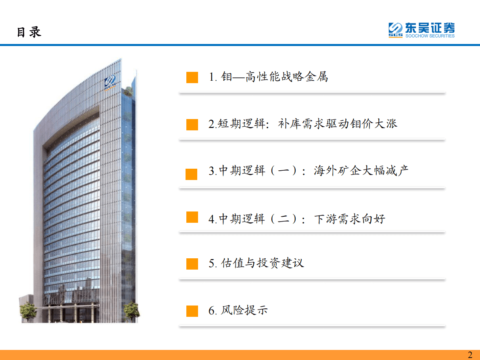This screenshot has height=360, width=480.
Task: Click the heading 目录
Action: coord(29,32)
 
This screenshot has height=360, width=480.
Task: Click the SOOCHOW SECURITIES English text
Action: coord(430,36)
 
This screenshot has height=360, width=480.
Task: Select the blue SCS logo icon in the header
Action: coord(396,30)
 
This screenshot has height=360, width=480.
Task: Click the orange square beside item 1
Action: coord(192,77)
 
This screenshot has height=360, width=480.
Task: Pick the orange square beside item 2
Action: coord(192,124)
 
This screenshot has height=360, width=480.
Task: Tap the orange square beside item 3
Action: coord(191,174)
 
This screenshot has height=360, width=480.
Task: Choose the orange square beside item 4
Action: coord(192,217)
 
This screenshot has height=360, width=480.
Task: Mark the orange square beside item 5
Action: coord(192,264)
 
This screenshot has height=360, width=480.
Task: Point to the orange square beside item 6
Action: coord(192,311)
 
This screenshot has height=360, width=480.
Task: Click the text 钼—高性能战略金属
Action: coord(274,76)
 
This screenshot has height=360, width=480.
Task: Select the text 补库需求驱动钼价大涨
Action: coord(338,123)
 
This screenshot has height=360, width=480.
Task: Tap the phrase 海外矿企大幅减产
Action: coord(361,170)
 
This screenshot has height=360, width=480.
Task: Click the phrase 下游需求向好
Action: coord(349,219)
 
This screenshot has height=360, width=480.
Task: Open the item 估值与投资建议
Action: coord(262,263)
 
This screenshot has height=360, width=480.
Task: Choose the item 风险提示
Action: coord(244,310)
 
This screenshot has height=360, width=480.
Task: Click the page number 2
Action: coord(470,355)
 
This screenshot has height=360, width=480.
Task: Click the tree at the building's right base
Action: coord(131,311)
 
